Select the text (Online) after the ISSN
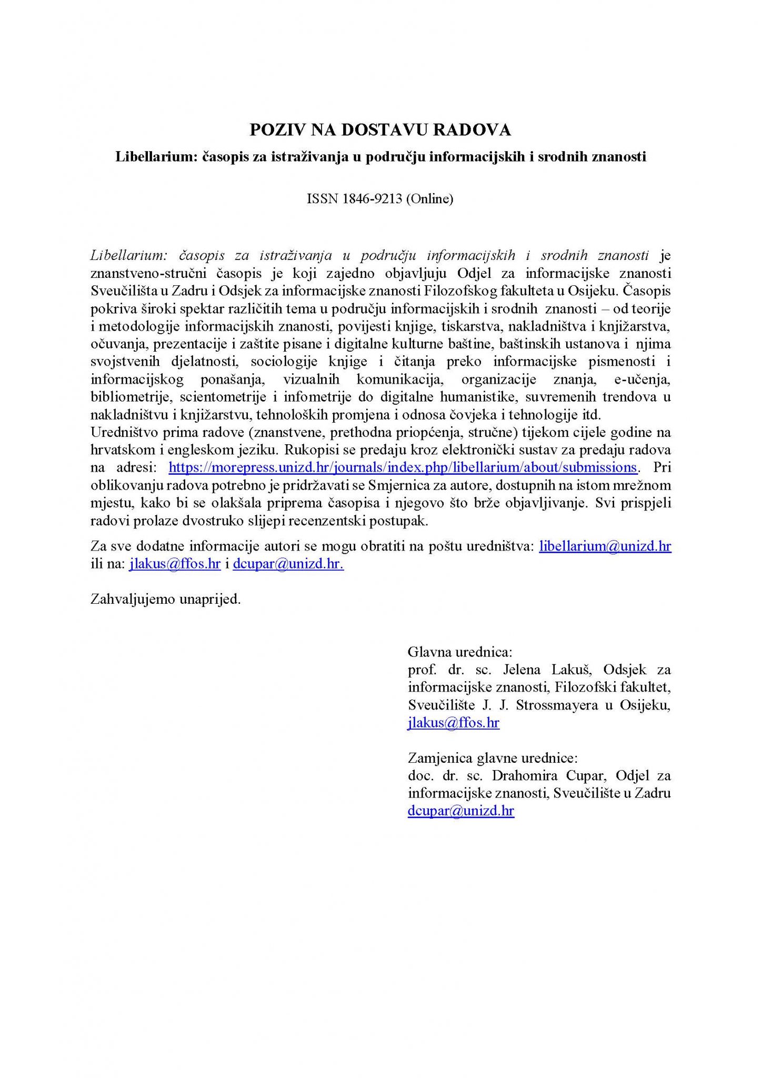[429, 199]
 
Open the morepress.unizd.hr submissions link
[403, 467]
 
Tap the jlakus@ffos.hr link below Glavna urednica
[454, 723]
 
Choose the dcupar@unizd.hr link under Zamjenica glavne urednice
[460, 811]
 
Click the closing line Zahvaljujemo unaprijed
[166, 599]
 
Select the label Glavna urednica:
[459, 652]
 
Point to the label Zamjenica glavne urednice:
[493, 758]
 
